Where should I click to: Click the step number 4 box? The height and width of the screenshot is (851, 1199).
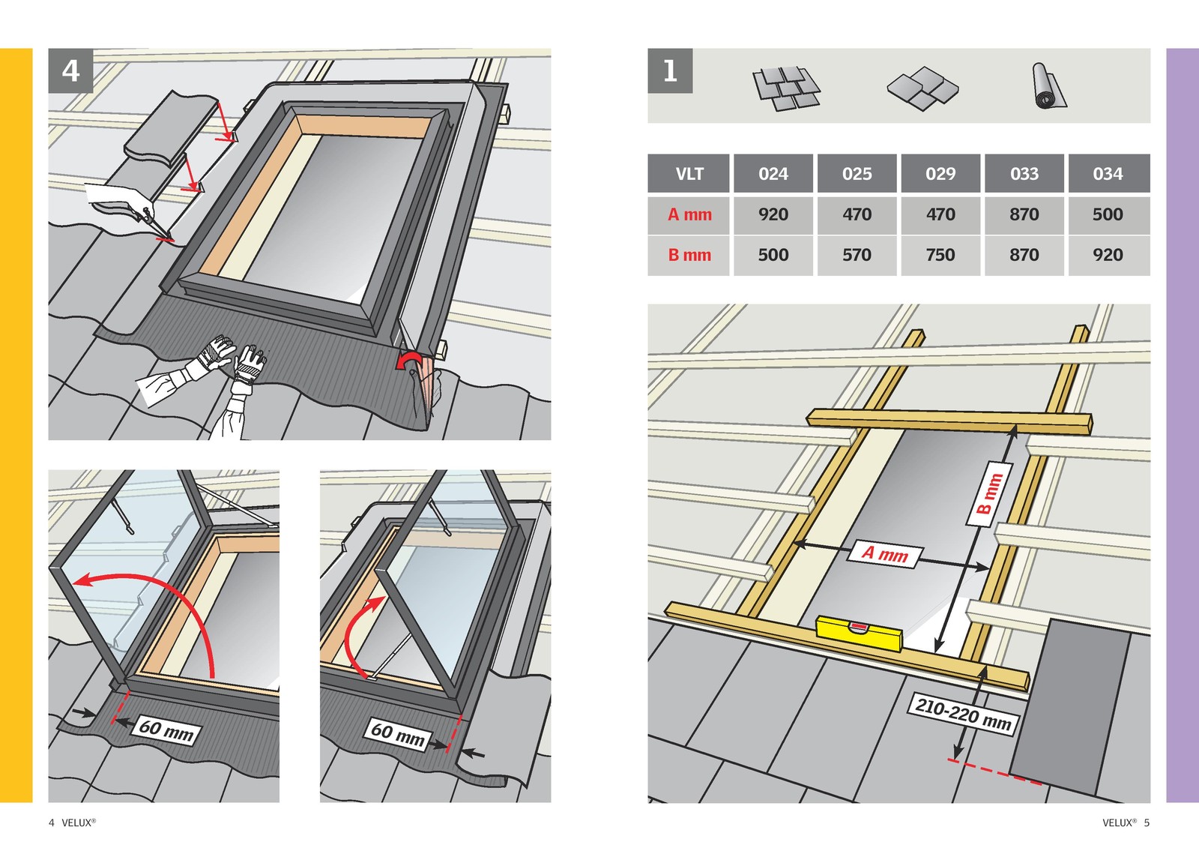[70, 71]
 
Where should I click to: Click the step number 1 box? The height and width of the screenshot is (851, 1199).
[670, 71]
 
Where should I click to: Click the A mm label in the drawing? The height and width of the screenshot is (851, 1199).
[885, 554]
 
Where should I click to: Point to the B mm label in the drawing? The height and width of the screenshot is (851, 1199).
[990, 494]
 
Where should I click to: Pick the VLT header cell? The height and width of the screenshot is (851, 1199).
[689, 174]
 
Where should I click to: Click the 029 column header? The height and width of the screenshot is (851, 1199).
[940, 174]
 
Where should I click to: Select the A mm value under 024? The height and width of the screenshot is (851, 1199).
[773, 214]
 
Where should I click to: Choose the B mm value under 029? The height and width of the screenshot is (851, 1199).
[940, 255]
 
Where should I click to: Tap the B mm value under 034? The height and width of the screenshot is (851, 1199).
[1108, 255]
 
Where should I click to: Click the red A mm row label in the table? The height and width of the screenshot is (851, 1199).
[689, 214]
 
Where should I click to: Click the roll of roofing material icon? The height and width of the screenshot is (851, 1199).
[1048, 86]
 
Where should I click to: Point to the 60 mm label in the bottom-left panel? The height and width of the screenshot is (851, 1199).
[166, 730]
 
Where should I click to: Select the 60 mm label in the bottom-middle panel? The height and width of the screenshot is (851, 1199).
[397, 733]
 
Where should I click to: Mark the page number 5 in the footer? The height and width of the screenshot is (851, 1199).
[1147, 823]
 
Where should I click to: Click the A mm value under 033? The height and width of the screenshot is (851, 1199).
[1024, 214]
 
